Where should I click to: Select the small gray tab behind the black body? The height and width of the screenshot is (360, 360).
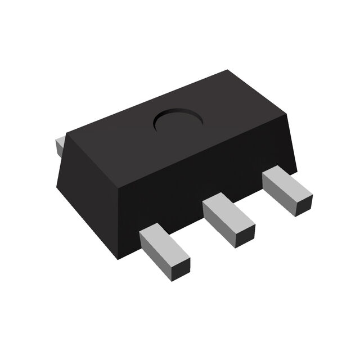60,146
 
